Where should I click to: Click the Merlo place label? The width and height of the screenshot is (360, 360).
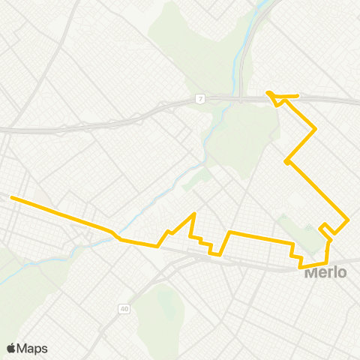(x=325, y=273)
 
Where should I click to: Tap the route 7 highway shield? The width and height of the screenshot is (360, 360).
(x=200, y=98)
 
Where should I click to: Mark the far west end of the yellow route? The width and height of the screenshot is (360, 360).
(x=11, y=198)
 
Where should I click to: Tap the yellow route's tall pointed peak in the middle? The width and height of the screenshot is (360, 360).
(x=194, y=214)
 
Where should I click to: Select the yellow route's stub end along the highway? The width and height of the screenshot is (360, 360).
(x=298, y=96)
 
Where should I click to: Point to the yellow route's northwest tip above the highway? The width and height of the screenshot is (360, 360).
(x=268, y=93)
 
